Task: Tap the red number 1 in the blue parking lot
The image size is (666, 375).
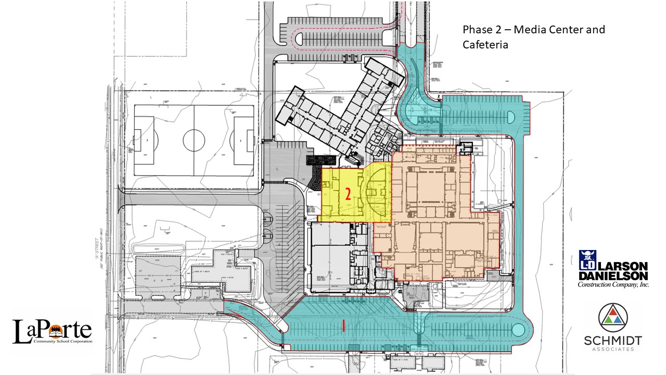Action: point(344,326)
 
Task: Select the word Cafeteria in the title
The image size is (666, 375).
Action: point(485,45)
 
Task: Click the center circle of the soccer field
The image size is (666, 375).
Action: point(194,140)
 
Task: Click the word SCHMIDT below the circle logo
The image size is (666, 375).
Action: point(612,341)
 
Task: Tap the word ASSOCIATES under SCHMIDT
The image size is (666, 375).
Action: point(612,349)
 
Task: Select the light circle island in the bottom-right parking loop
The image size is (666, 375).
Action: point(518,329)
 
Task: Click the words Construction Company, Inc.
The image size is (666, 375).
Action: point(613,284)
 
